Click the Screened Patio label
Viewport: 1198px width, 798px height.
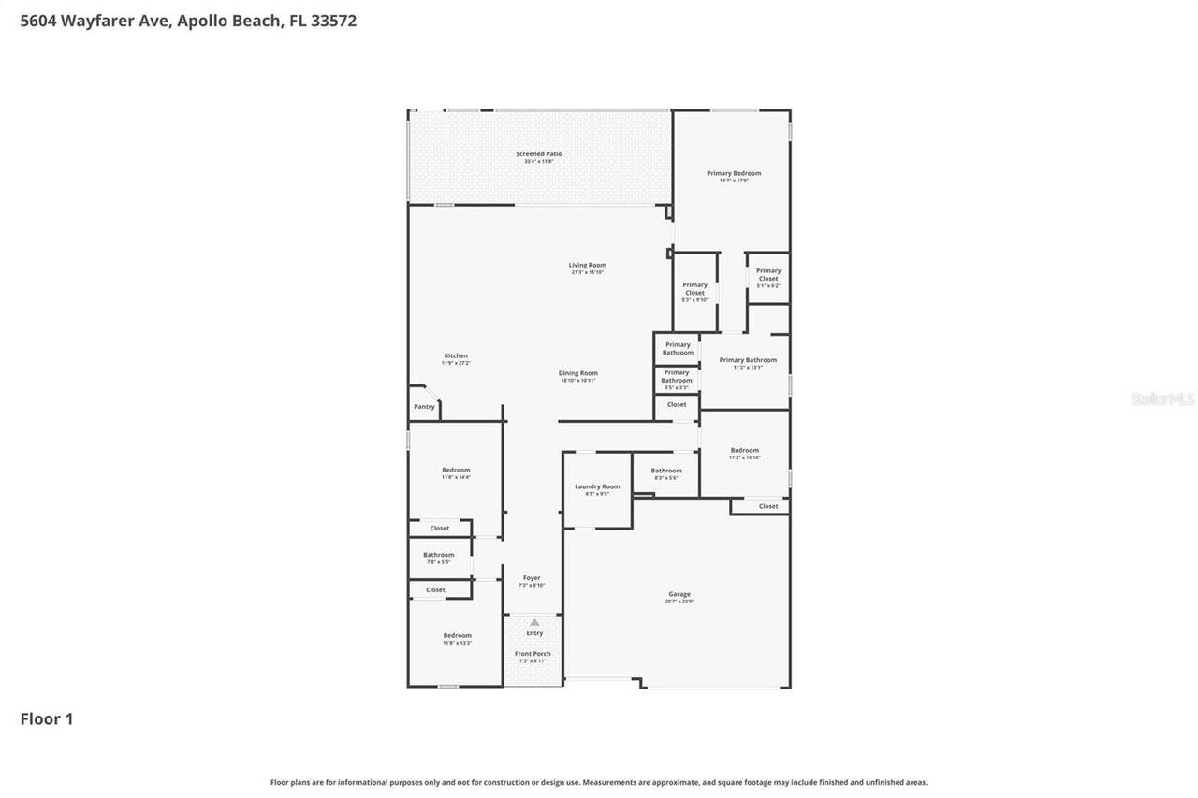[539, 154]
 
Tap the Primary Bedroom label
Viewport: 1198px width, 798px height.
[734, 174]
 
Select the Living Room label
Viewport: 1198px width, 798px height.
[588, 266]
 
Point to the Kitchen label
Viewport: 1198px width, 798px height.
[456, 356]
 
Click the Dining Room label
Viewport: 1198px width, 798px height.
[578, 374]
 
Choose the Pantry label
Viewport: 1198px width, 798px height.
[424, 407]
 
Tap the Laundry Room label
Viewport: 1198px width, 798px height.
[597, 487]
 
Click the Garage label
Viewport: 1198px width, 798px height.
[679, 595]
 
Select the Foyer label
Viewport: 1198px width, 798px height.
[532, 579]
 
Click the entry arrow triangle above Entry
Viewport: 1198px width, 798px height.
[534, 621]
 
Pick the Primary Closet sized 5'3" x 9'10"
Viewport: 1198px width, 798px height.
[694, 289]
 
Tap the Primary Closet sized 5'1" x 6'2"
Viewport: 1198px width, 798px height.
[768, 275]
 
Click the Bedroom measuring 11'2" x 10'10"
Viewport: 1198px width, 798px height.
[745, 451]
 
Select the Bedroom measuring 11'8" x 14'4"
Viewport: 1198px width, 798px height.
[456, 471]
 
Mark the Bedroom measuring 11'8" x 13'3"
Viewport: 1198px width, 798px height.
[458, 636]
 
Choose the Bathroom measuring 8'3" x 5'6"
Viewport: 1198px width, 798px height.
[666, 472]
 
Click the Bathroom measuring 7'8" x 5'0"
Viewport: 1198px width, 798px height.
[438, 556]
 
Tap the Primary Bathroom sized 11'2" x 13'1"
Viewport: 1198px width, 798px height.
[748, 361]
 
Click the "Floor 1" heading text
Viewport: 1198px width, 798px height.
[47, 719]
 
